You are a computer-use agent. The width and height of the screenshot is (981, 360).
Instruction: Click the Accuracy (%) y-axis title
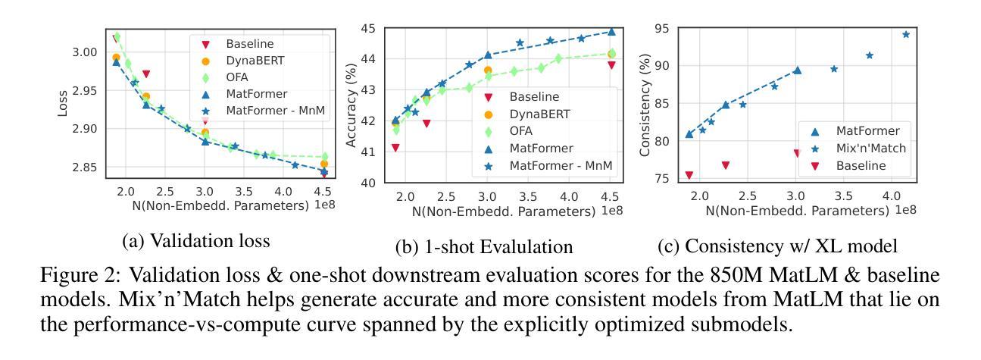click(x=351, y=106)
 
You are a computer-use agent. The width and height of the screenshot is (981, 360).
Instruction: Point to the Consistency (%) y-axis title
click(x=645, y=106)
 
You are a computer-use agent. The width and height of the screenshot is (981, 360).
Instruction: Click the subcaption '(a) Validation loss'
click(x=196, y=241)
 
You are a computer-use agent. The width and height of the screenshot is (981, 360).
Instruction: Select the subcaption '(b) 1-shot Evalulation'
click(x=484, y=247)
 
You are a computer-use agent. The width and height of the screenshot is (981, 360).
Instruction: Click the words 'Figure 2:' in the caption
click(x=73, y=275)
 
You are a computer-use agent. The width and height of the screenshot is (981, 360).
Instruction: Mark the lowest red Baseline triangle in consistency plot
click(x=689, y=175)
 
